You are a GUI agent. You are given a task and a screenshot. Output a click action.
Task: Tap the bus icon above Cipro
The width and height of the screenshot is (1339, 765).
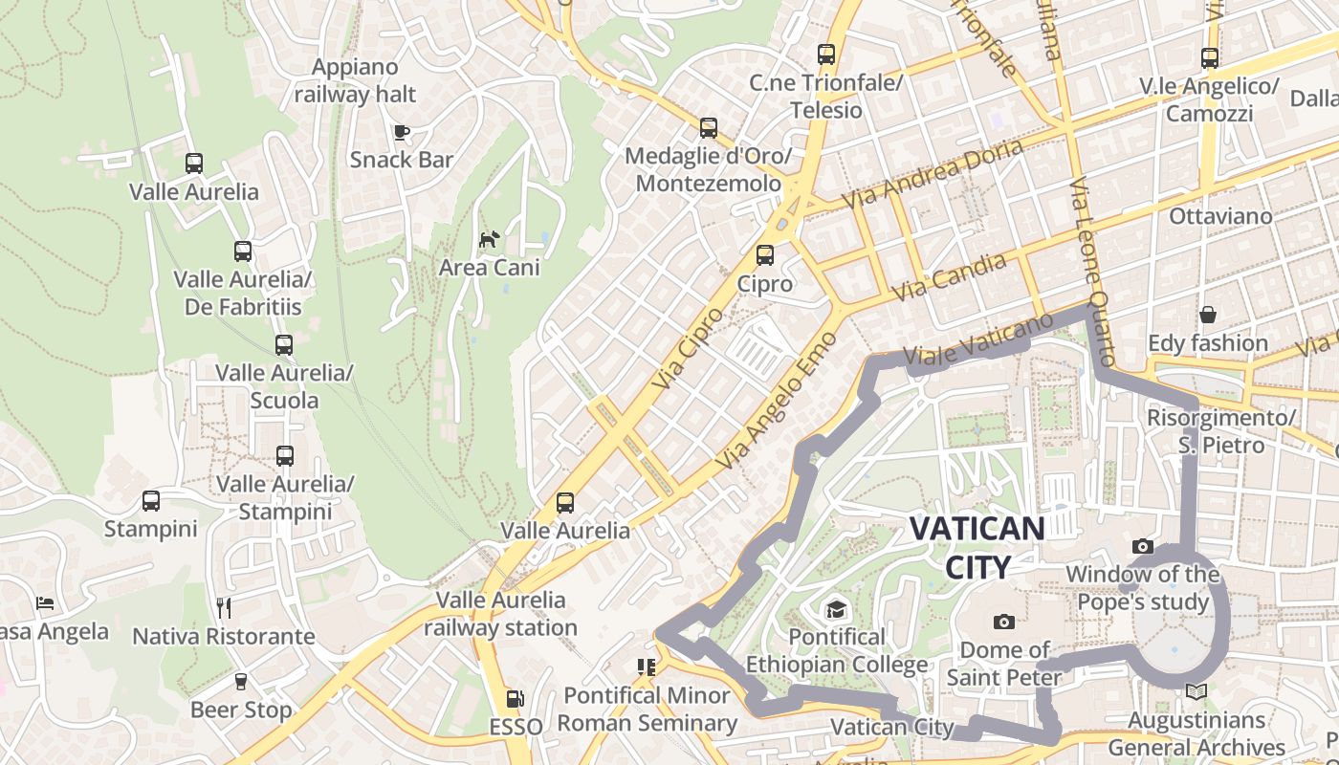(764, 255)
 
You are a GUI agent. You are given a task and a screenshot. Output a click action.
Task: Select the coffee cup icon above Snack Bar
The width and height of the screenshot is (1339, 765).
(402, 132)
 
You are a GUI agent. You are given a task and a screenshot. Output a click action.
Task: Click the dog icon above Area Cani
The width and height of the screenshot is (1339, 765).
(489, 239)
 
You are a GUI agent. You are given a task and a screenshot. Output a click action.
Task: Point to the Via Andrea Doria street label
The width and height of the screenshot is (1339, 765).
(933, 174)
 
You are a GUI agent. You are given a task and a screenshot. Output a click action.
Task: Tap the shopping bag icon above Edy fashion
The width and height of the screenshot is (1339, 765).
(1208, 315)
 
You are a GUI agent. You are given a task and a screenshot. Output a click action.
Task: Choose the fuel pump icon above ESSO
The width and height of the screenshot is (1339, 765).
(516, 700)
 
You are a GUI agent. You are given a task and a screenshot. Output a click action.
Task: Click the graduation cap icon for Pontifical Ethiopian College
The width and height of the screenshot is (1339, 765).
(837, 609)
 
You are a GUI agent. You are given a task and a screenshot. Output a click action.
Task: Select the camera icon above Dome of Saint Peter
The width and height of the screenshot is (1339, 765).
(1003, 623)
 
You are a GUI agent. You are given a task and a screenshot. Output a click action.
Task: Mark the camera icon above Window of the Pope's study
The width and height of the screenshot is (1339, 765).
(1142, 546)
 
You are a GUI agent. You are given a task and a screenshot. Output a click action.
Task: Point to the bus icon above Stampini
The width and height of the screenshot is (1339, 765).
(151, 501)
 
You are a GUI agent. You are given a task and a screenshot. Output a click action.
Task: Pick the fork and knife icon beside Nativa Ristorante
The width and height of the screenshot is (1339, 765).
(224, 608)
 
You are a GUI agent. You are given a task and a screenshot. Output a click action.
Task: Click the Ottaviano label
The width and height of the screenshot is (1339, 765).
(1220, 216)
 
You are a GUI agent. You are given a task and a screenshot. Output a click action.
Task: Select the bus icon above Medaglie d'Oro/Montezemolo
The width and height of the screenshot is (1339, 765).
(709, 127)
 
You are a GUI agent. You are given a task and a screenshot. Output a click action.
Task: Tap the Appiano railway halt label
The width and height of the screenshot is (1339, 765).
(355, 80)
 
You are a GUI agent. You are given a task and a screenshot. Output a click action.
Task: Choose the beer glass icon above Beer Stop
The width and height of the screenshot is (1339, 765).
(240, 682)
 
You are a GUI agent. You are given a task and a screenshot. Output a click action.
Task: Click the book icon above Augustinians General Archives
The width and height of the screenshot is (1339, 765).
(1196, 691)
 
